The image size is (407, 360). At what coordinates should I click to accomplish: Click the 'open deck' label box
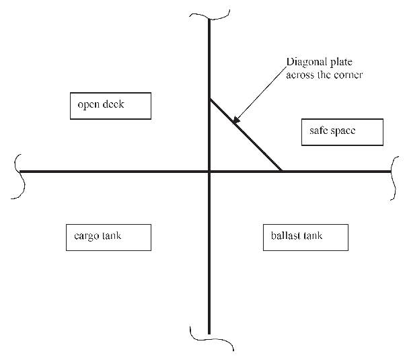click(111, 106)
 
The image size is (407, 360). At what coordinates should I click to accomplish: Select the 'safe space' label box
click(342, 132)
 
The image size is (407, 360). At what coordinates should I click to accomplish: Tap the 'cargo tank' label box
click(108, 237)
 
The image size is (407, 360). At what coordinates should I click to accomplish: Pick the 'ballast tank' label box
click(305, 237)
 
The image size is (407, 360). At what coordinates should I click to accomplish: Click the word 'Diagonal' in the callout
click(305, 63)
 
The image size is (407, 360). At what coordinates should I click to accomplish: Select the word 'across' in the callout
click(301, 75)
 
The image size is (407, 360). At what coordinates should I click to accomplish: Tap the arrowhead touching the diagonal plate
click(235, 122)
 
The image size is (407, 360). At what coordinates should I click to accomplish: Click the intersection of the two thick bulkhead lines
click(211, 172)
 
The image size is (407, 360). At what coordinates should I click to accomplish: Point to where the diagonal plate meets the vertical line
click(211, 100)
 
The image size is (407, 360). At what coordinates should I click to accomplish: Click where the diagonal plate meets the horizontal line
click(281, 172)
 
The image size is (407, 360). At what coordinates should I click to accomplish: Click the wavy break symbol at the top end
click(211, 14)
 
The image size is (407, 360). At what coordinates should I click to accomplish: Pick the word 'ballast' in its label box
click(287, 237)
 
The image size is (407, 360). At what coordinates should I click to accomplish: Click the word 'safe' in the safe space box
click(320, 132)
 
